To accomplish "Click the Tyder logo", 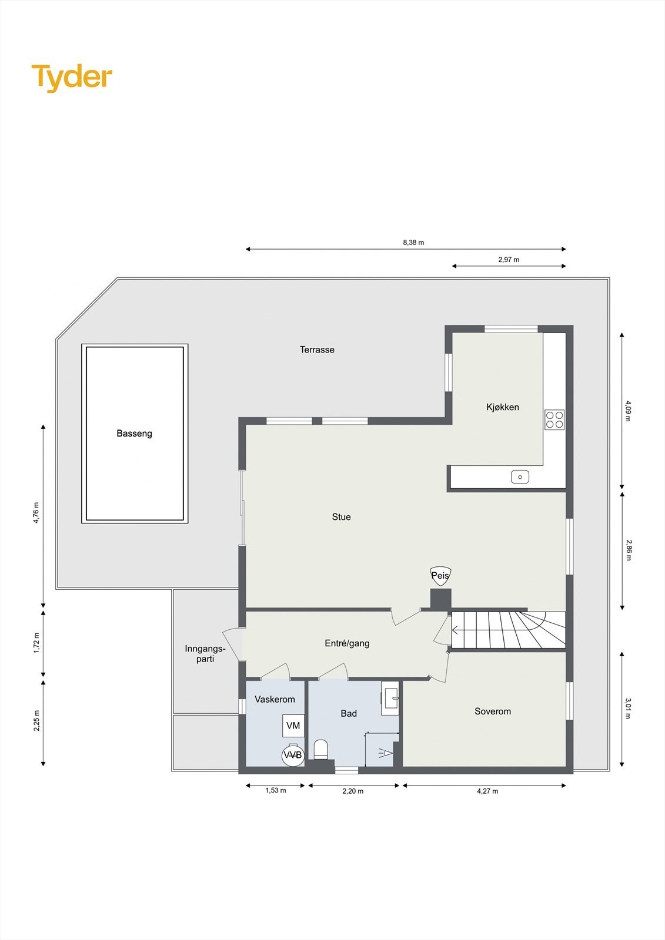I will pos(71,78).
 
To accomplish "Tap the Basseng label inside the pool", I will pos(134,434).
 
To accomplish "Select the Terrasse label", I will pos(317,350).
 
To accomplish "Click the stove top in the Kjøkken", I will pos(554,419).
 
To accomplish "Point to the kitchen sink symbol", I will pos(520,477).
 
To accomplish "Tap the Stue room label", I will pos(341,517).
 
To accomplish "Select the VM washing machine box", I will pos(293,726).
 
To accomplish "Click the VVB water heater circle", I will pos(293,755).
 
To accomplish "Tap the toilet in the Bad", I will pos(320,750).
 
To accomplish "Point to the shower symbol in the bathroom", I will pos(385,752).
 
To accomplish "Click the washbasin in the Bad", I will pos(391,699).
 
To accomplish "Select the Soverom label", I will pos(493,711).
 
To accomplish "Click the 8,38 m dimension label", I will pos(413,242).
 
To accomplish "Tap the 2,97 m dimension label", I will pos(509,259).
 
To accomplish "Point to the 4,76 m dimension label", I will pos(36,512).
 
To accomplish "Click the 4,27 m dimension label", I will pos(487,791).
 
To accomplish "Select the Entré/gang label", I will pos(347,643).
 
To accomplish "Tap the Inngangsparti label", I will pos(205,654).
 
